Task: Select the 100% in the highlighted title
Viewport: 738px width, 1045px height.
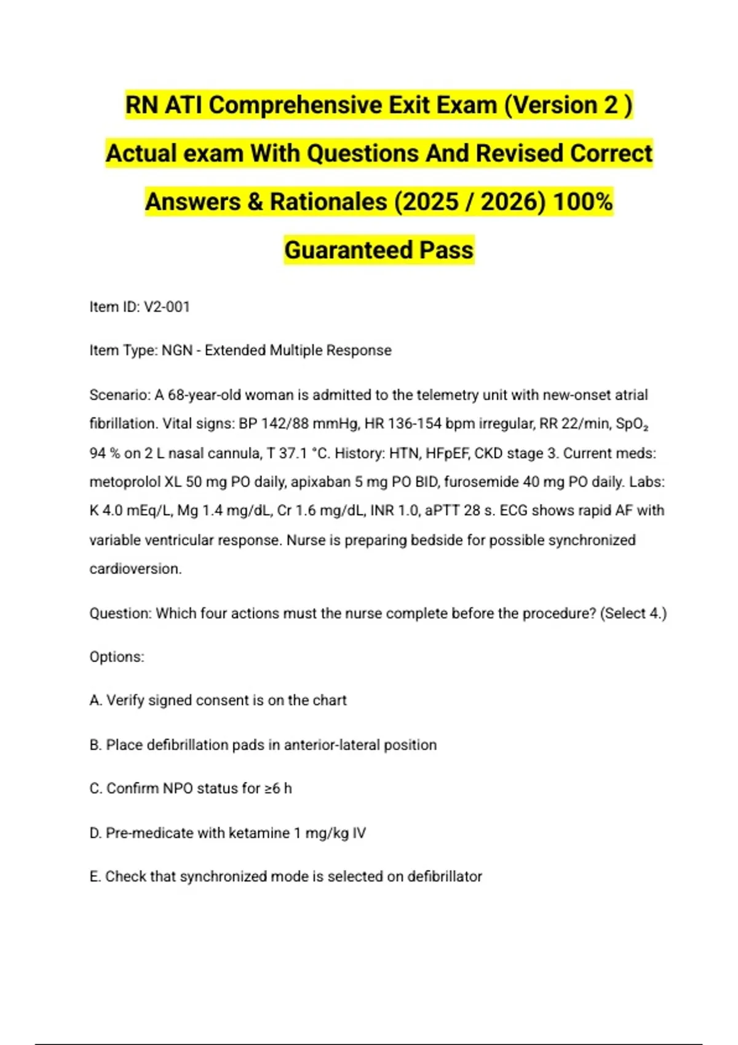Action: click(x=582, y=202)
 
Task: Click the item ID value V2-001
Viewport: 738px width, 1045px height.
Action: click(x=167, y=307)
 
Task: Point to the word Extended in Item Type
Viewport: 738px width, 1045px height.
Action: click(x=236, y=350)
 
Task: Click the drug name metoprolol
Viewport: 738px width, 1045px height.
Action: click(x=125, y=482)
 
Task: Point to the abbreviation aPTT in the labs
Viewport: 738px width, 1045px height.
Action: click(x=440, y=511)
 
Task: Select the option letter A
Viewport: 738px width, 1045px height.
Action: click(x=95, y=701)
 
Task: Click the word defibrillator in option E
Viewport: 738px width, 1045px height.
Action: click(x=445, y=877)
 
